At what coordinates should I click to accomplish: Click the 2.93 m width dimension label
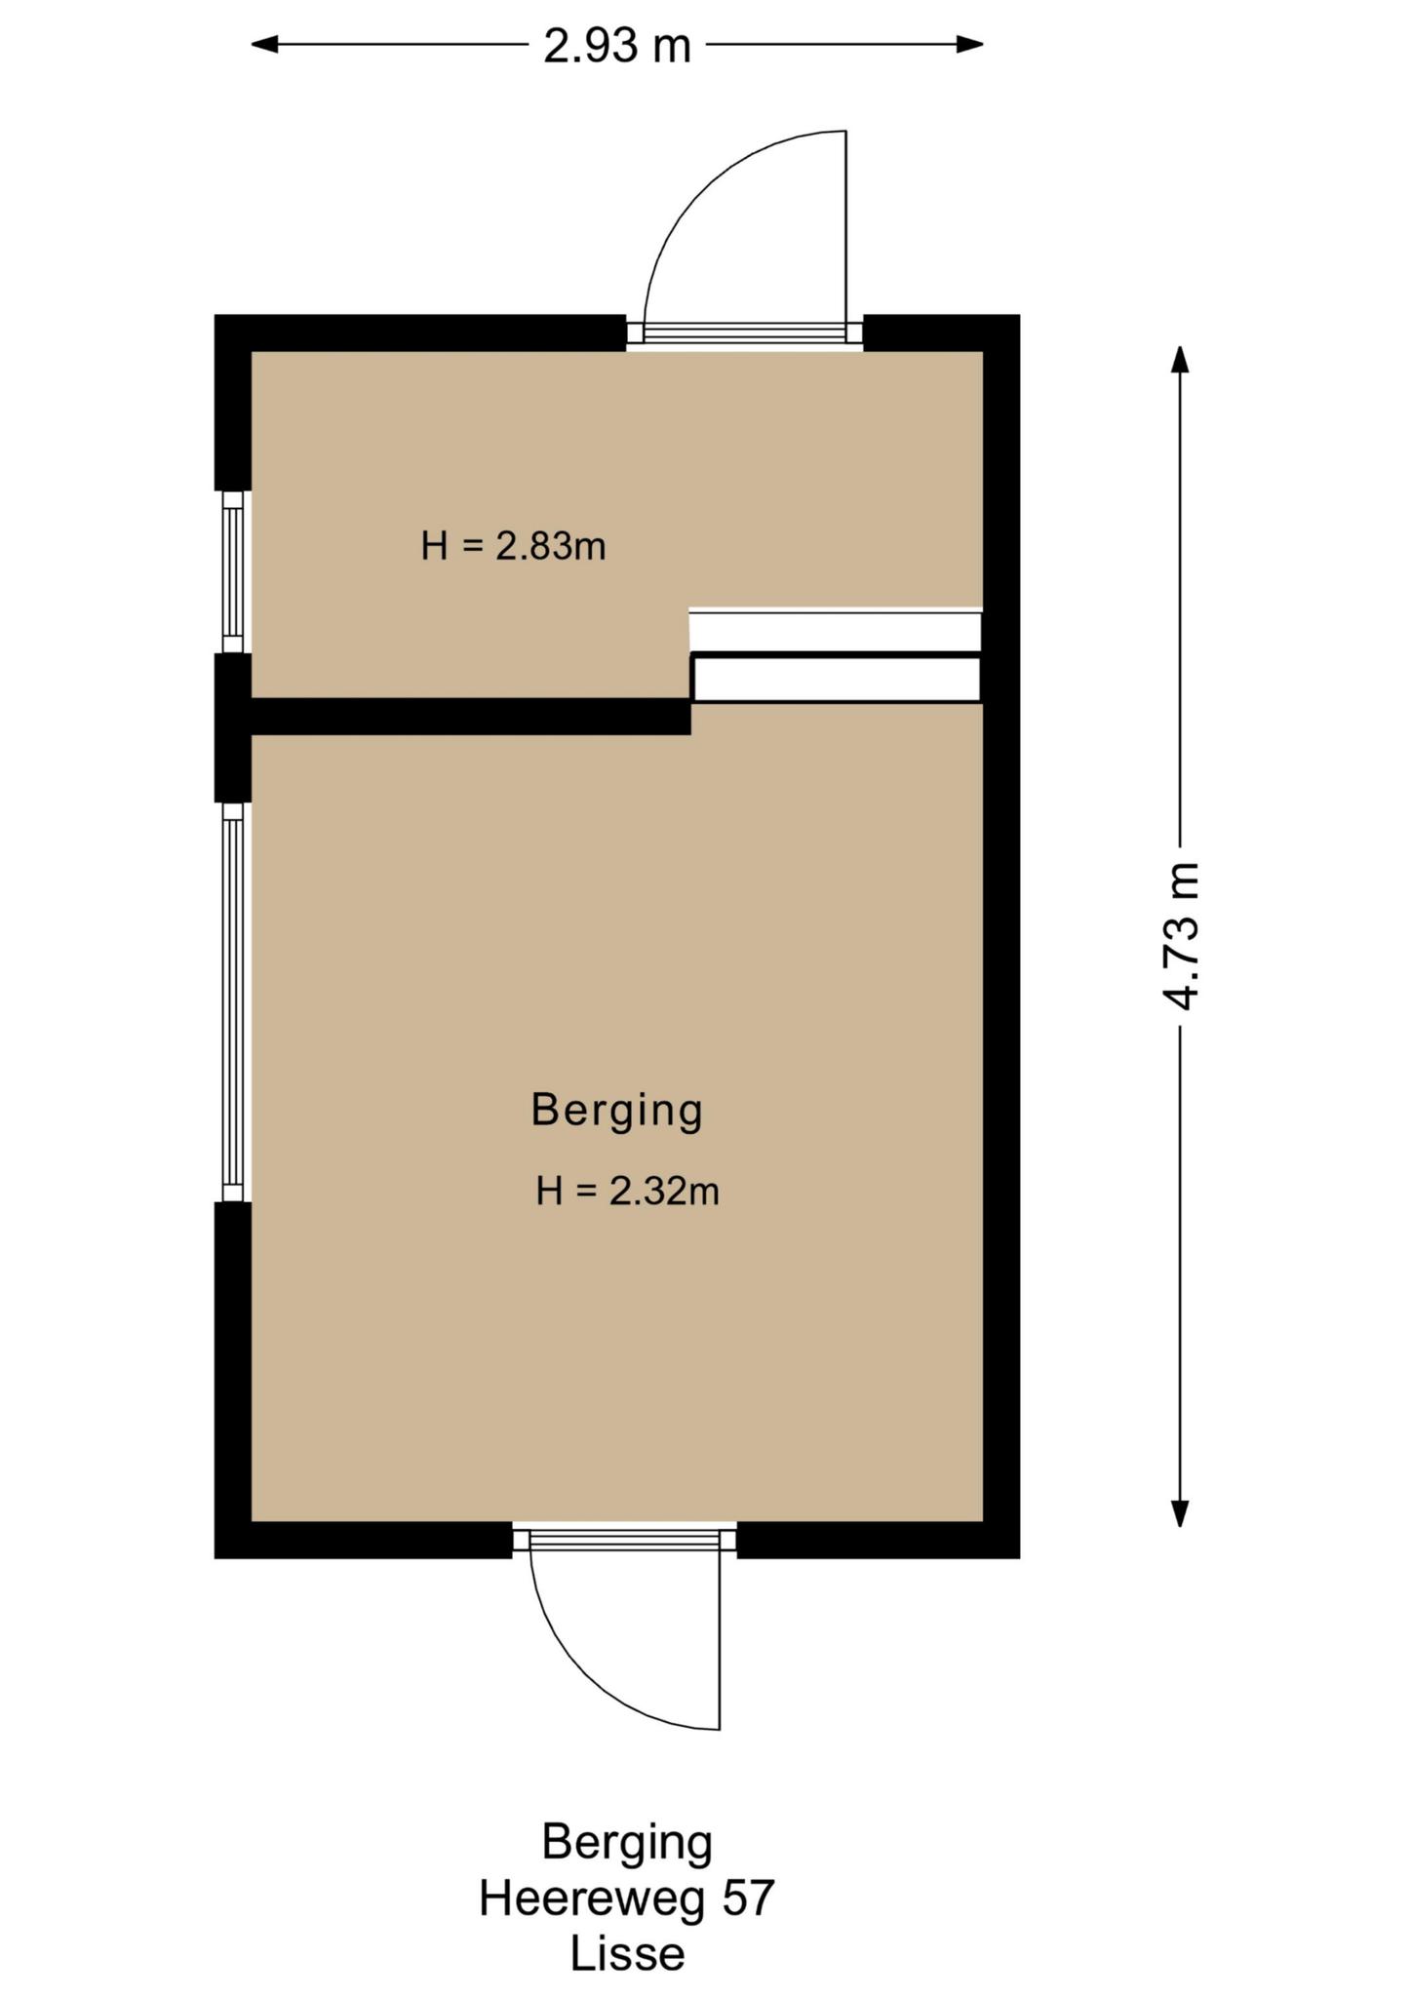617,45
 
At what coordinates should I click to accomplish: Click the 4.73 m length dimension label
1181,935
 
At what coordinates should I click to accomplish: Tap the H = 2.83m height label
513,545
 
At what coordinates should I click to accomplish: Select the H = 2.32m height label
627,1191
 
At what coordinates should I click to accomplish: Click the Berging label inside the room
616,1110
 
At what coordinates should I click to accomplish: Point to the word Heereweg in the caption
592,1898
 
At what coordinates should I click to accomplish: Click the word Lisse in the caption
627,1953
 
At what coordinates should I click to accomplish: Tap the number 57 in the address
748,1898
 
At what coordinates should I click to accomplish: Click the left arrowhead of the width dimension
265,44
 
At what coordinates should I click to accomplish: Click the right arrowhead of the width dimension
969,44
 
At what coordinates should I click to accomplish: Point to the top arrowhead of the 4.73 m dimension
1180,360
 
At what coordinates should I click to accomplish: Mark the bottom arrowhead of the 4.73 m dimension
1180,1512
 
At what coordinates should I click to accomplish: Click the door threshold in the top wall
744,333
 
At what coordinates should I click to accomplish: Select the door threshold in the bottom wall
624,1540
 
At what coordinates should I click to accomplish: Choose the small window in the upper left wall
233,571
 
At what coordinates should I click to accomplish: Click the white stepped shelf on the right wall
835,655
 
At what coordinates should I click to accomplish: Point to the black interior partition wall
471,716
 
